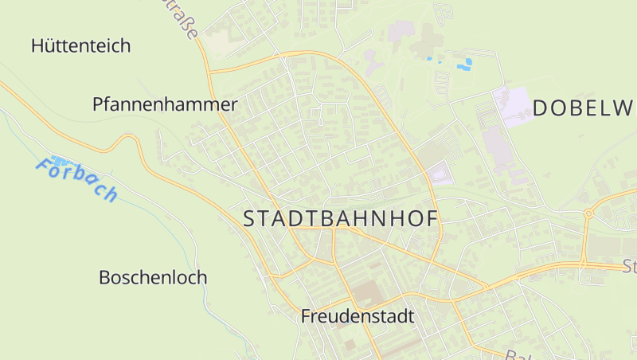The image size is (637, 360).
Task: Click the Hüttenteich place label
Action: coord(80,45)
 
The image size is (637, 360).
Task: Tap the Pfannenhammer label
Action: coord(165,104)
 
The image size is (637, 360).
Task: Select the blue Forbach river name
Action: coord(77,180)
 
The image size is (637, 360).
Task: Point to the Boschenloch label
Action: coord(153,278)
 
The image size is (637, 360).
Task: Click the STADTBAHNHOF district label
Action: coord(342,219)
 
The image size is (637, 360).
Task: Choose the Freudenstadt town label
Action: coord(358,316)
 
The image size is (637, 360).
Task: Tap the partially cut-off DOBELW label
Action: coord(584,108)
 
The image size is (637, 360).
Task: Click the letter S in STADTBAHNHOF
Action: coord(249,219)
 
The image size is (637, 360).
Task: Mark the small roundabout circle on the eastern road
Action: coord(588,213)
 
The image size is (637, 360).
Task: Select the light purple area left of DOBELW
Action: coord(511,105)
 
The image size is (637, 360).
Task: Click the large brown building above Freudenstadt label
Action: coord(367,292)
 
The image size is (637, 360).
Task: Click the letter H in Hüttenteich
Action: coord(37,45)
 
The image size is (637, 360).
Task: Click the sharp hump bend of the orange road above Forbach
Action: coord(126,139)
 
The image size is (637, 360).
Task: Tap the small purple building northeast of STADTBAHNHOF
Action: coord(440,173)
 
